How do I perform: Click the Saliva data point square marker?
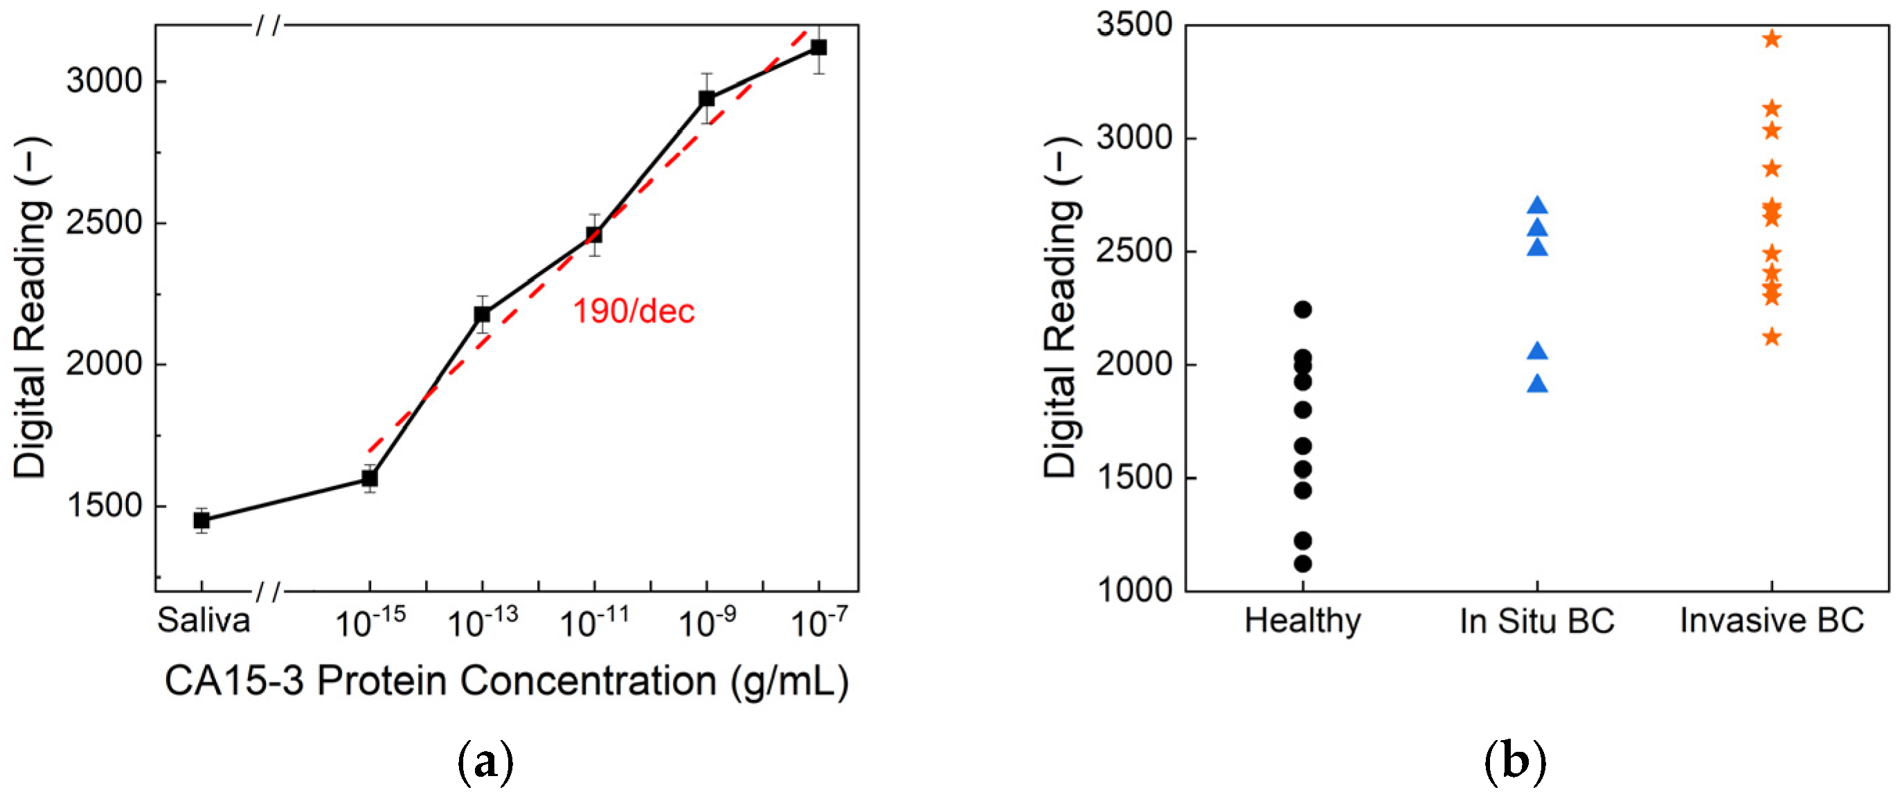[201, 521]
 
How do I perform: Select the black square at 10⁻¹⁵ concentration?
[369, 478]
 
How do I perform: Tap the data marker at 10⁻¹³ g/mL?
[482, 314]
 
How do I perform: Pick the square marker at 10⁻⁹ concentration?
[707, 99]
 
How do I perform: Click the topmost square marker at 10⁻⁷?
[818, 48]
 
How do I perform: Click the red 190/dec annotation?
[634, 312]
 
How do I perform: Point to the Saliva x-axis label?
[203, 620]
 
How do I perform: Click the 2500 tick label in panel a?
[103, 222]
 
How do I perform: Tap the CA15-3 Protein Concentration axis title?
[507, 681]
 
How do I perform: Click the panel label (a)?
[485, 763]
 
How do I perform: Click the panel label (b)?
[1515, 763]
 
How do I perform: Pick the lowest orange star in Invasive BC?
[1771, 337]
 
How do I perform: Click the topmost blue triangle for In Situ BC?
[1537, 206]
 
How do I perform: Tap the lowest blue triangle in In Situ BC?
[1537, 384]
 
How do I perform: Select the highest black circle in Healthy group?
[1302, 309]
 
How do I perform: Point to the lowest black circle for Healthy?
[1302, 564]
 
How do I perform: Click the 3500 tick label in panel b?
[1134, 24]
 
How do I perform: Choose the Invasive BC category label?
[1771, 621]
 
